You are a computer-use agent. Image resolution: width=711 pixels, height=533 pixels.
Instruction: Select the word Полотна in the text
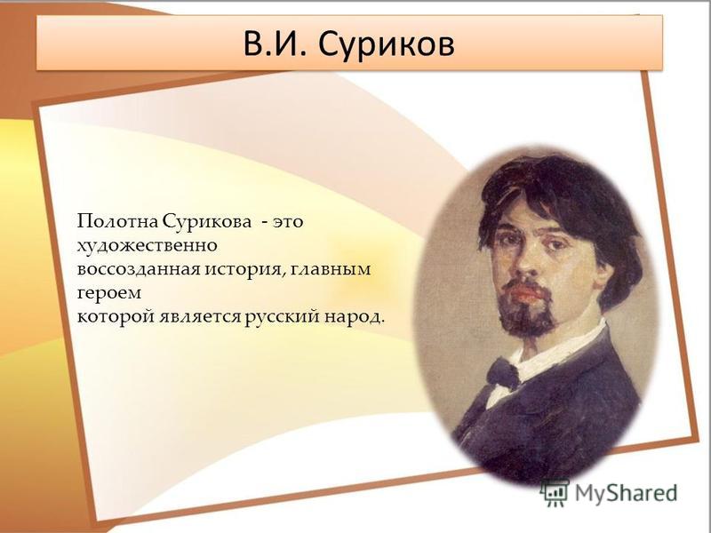click(116, 221)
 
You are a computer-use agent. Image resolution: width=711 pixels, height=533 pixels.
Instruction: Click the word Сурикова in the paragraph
click(207, 221)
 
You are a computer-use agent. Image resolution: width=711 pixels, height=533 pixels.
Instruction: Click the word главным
click(332, 269)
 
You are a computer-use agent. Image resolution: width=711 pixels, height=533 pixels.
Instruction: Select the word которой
click(116, 317)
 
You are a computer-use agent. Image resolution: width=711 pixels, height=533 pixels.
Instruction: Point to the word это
click(287, 223)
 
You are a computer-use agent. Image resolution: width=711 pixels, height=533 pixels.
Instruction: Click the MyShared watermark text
click(627, 494)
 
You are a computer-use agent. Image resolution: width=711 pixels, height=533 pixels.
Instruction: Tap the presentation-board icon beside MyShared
click(555, 492)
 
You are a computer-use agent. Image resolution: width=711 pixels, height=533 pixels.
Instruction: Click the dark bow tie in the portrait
click(502, 373)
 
